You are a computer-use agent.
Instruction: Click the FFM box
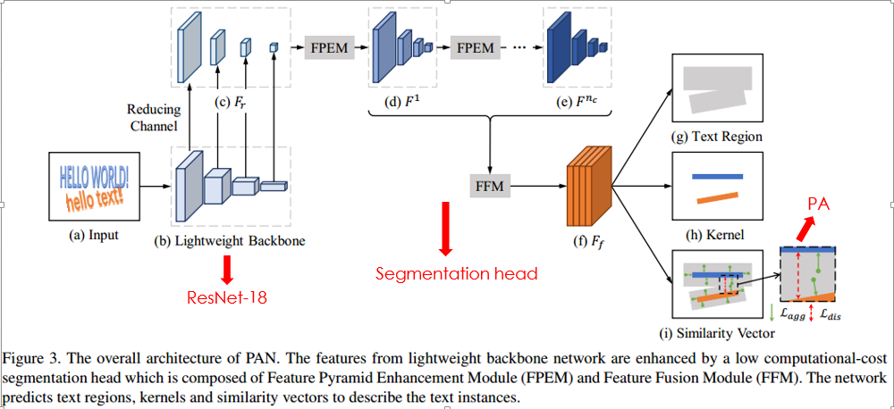(489, 186)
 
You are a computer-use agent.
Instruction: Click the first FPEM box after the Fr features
(330, 46)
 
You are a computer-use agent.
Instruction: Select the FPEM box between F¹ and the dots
(477, 46)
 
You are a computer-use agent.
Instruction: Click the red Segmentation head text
(456, 273)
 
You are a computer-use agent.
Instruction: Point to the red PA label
(819, 206)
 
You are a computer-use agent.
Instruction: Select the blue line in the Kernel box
(717, 176)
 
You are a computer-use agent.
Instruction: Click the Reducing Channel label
(153, 117)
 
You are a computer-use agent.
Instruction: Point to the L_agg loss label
(789, 314)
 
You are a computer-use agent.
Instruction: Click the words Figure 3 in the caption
(30, 360)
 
